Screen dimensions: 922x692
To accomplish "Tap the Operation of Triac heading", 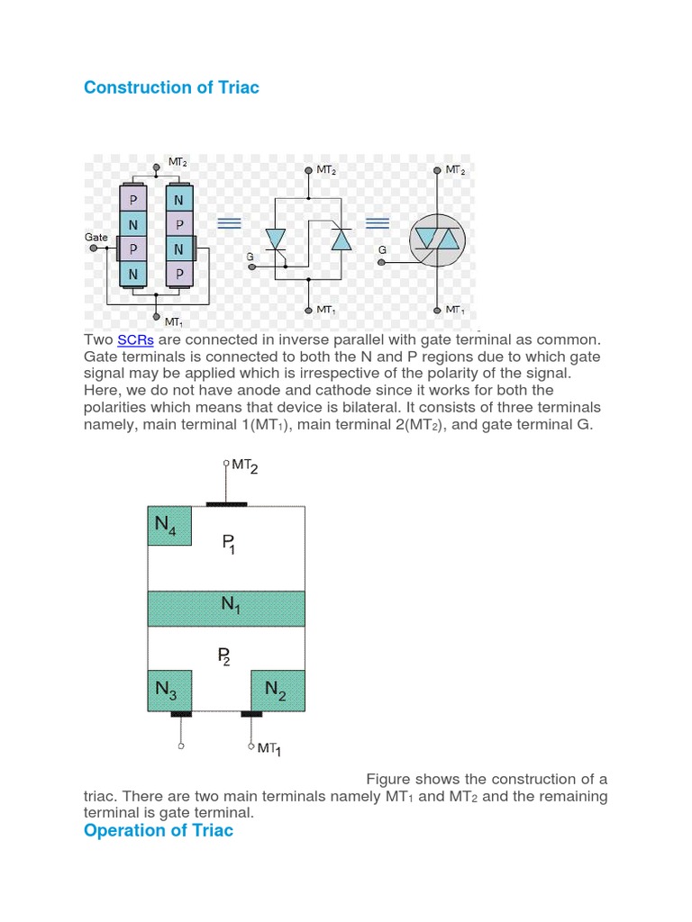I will tap(158, 830).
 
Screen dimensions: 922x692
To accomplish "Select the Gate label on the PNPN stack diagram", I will tap(96, 237).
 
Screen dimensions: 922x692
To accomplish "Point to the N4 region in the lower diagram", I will tap(169, 525).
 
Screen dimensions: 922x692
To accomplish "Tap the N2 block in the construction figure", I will tap(278, 691).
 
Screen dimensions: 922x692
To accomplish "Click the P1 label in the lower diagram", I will tap(228, 543).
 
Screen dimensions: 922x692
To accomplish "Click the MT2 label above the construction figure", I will tap(244, 466).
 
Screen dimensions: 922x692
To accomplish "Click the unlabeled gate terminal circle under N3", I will tap(181, 746).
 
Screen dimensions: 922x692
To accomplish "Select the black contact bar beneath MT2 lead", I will tap(226, 504).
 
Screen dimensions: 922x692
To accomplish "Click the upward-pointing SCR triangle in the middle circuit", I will tap(340, 240).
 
